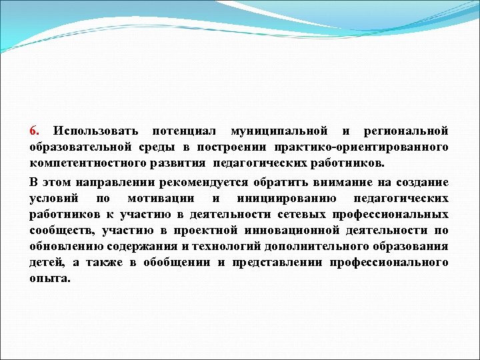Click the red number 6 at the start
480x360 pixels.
pos(34,129)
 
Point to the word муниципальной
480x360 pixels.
pos(279,129)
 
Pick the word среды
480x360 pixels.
pos(159,146)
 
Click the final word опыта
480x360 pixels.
pos(49,278)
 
